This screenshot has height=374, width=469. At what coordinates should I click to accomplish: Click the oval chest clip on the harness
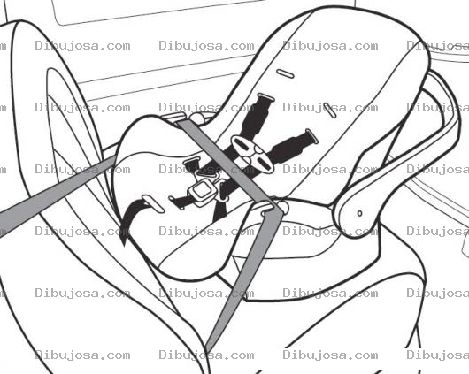pyautogui.click(x=253, y=154)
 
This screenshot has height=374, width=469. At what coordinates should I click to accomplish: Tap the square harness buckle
pyautogui.click(x=202, y=191)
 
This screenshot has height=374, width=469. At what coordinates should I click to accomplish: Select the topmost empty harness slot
pyautogui.click(x=285, y=73)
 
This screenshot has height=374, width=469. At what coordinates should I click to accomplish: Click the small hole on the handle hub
pyautogui.click(x=360, y=213)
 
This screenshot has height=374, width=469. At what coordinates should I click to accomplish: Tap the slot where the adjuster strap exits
pyautogui.click(x=153, y=204)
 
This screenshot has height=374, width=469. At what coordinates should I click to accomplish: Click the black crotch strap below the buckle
pyautogui.click(x=220, y=210)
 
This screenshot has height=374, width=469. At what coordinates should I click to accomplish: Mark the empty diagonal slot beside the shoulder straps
pyautogui.click(x=329, y=111)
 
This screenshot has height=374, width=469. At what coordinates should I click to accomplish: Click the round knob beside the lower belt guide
pyautogui.click(x=282, y=206)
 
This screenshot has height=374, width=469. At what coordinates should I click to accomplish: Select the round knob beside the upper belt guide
pyautogui.click(x=196, y=118)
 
